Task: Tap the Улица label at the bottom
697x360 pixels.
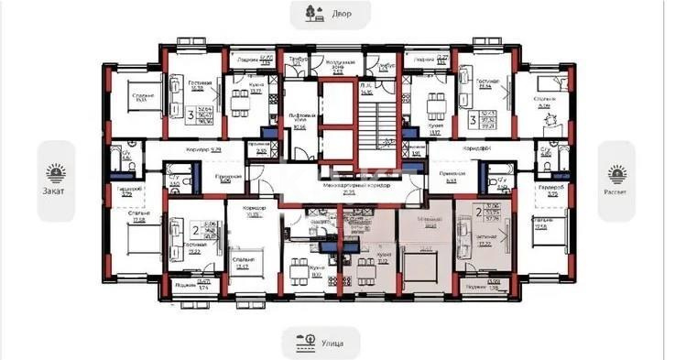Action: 333,344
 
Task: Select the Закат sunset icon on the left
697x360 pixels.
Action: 58,170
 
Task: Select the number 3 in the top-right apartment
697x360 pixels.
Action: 474,116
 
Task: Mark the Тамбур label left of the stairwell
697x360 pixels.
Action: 293,59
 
